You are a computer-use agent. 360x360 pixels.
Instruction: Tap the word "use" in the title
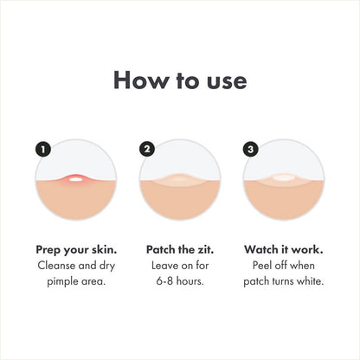(224, 80)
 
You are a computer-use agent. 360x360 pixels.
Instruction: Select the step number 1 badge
(43, 149)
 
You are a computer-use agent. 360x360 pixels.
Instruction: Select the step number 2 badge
(147, 149)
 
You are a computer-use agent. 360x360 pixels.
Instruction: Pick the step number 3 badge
(251, 149)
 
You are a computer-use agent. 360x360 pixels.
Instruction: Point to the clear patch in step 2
(180, 181)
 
